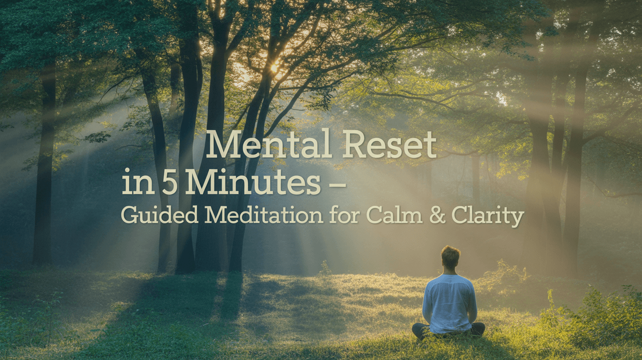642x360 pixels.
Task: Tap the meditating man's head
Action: (450, 257)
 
